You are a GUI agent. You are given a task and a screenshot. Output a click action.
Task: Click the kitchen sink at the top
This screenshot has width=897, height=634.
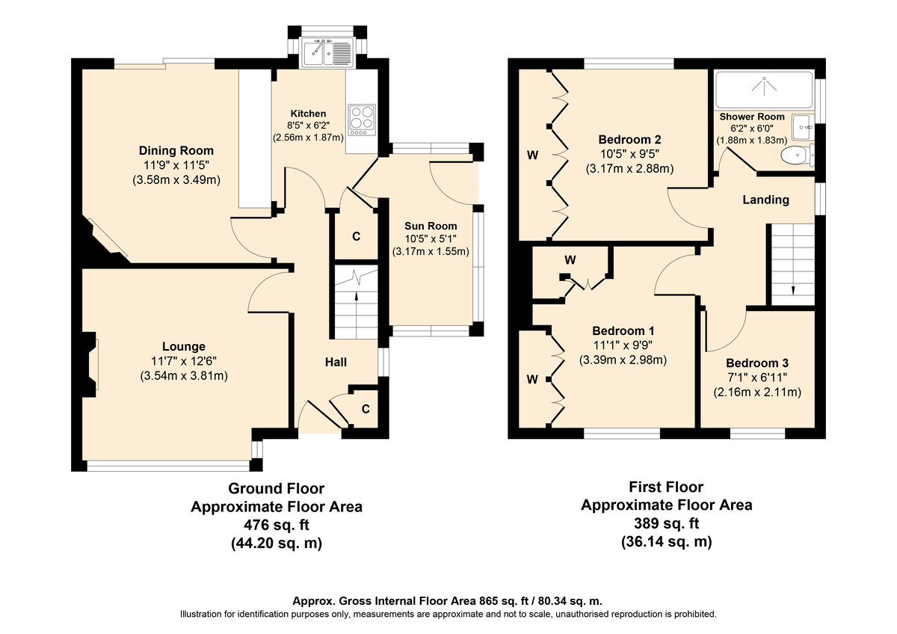327,52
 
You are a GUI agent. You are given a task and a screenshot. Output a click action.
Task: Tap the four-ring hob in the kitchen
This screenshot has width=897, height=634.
362,120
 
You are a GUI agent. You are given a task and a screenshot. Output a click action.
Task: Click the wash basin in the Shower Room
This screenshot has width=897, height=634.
804,127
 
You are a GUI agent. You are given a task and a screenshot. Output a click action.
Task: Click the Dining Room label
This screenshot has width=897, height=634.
176,151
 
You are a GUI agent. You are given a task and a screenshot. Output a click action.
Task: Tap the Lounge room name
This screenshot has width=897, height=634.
184,346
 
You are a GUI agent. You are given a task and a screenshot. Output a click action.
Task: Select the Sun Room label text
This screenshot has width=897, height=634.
431,226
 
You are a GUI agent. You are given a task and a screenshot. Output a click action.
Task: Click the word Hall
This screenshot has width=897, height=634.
336,362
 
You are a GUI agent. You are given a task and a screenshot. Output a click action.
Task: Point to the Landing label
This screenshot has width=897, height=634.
765,200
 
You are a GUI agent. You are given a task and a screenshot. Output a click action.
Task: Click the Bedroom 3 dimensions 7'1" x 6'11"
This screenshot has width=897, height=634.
757,378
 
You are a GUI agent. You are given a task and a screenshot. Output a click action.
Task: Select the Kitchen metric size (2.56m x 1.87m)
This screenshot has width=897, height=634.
308,138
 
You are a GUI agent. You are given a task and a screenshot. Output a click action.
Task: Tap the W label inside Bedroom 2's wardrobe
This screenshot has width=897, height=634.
532,155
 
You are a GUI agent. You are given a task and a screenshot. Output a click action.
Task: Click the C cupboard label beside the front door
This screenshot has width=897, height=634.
366,409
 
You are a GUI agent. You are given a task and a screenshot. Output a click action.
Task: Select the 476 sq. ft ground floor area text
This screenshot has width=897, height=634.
277,525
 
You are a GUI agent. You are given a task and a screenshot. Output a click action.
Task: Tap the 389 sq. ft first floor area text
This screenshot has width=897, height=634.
667,523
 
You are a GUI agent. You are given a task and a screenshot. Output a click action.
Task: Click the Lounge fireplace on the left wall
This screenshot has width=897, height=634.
90,364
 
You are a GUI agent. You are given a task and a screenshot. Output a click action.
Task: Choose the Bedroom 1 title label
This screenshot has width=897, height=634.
623,330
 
